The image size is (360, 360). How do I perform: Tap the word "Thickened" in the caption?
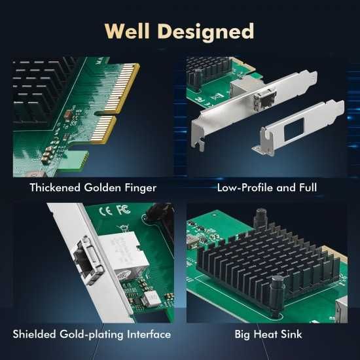point(56,188)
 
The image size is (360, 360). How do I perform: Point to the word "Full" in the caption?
point(304,188)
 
